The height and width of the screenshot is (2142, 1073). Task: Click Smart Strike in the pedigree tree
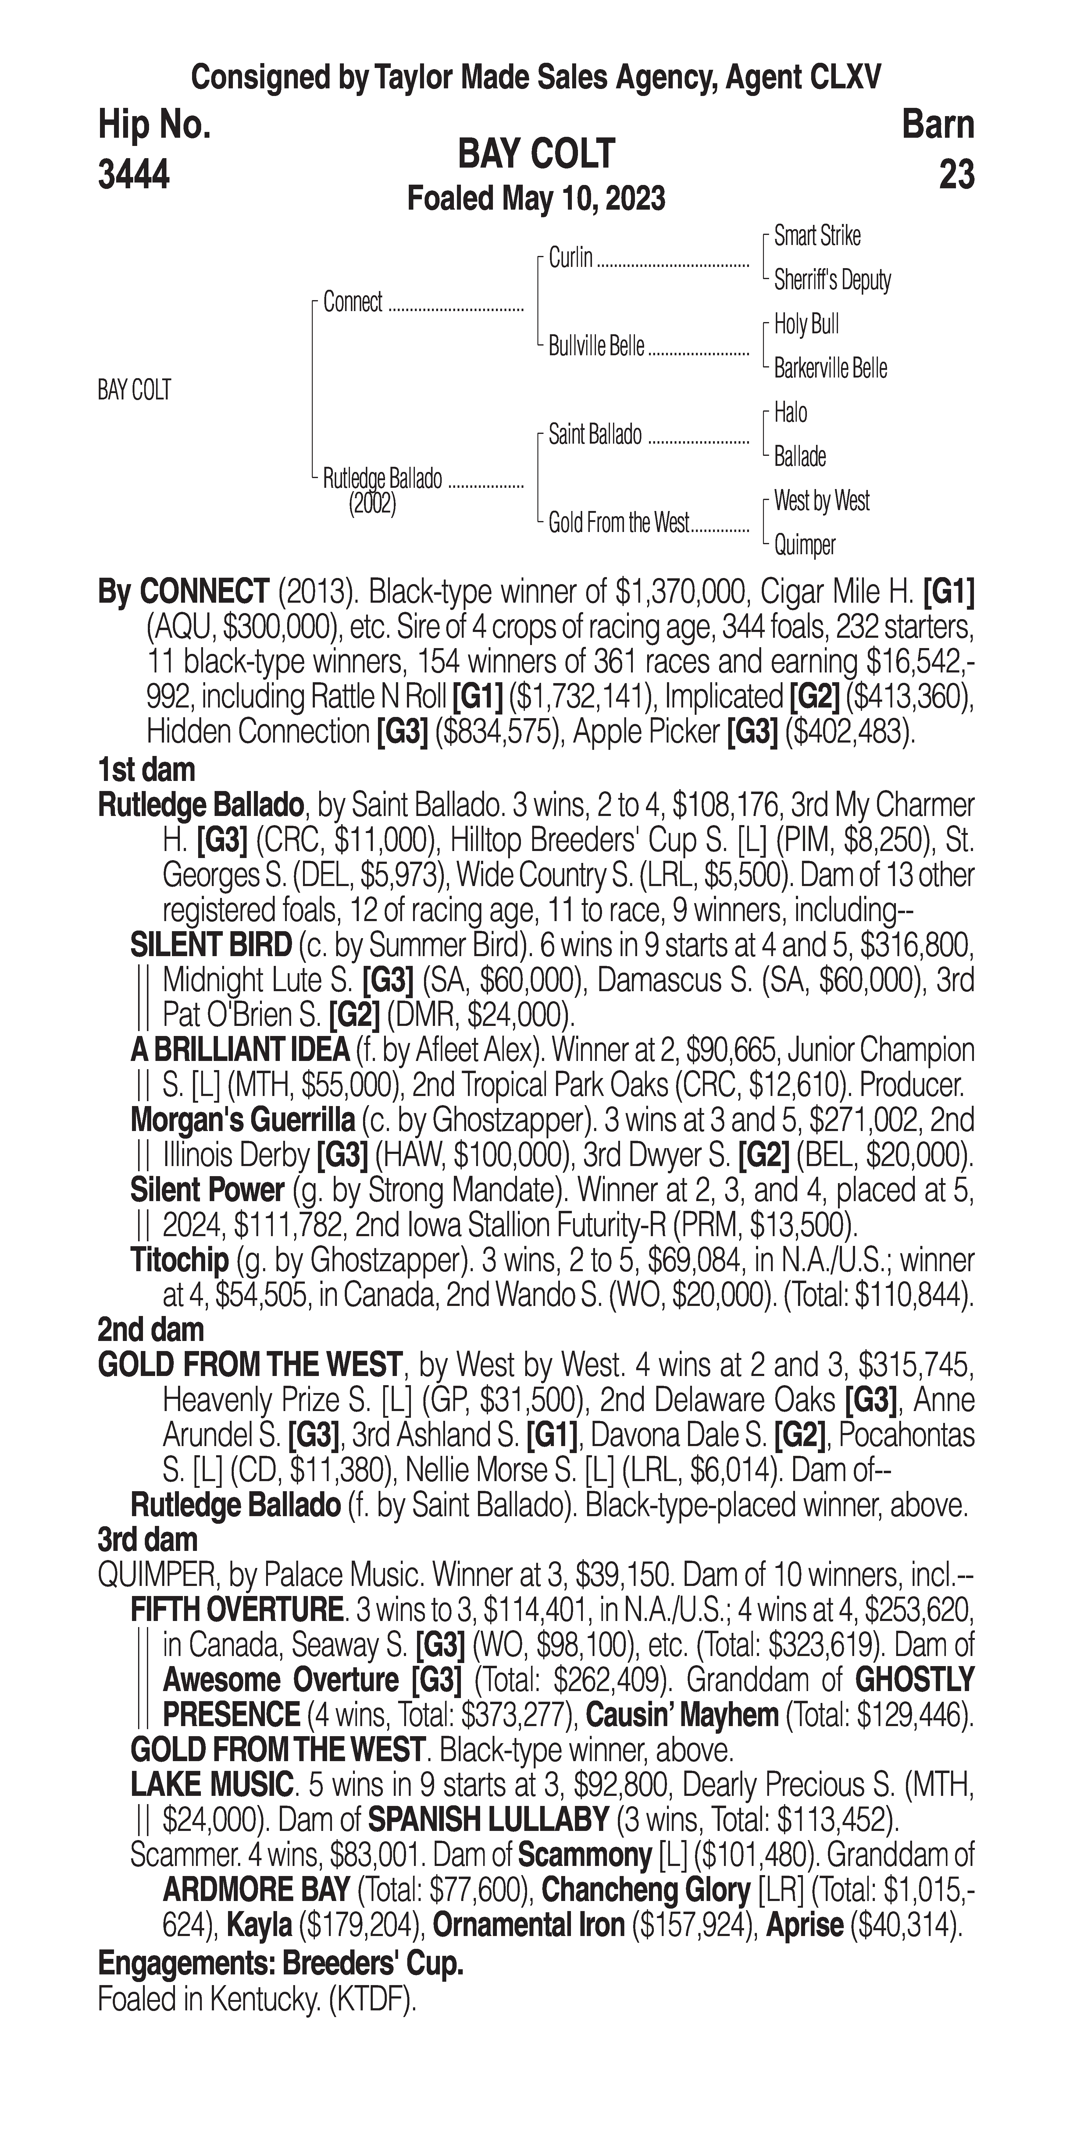817,236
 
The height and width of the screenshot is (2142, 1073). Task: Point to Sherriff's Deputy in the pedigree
832,280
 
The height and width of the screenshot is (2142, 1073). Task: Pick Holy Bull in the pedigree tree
806,324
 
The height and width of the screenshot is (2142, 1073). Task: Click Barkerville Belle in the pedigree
830,368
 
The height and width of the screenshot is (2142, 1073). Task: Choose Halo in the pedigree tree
790,413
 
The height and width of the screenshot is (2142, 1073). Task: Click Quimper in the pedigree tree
804,545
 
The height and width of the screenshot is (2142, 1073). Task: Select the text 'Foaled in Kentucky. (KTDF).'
257,1999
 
